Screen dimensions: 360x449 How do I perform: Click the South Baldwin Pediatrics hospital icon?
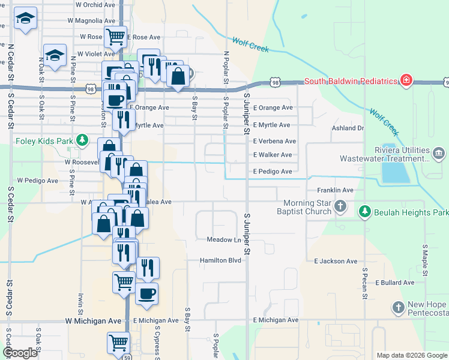(406, 80)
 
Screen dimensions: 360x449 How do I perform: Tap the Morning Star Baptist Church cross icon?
(340, 208)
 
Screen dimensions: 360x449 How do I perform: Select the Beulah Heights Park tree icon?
(364, 212)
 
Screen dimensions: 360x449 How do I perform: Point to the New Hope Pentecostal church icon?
(398, 308)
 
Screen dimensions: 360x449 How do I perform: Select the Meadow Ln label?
(223, 239)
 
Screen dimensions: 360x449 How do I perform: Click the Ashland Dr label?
(348, 128)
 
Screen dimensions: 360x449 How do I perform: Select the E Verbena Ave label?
(274, 141)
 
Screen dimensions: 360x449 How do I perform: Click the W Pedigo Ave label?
(37, 180)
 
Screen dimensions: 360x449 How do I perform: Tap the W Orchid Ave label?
(95, 4)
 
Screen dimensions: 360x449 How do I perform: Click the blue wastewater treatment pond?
(393, 173)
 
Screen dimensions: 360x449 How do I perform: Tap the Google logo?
(19, 353)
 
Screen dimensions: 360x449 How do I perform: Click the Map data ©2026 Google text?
(411, 355)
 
